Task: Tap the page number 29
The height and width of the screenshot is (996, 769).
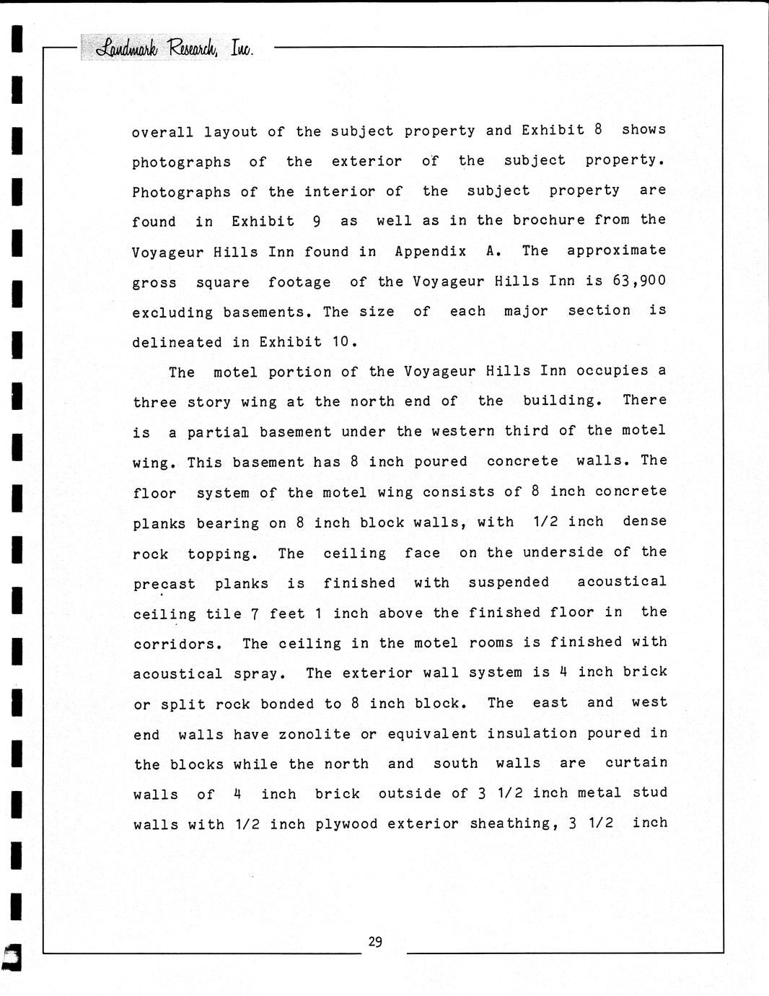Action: [375, 941]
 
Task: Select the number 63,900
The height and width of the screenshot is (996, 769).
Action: [639, 280]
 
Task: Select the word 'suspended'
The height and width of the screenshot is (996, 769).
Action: [509, 582]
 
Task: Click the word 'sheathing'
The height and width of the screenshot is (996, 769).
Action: [514, 824]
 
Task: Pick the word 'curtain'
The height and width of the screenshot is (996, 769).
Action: [636, 763]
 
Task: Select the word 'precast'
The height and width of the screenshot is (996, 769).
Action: [164, 584]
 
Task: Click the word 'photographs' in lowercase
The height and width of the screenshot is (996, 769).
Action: [182, 162]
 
